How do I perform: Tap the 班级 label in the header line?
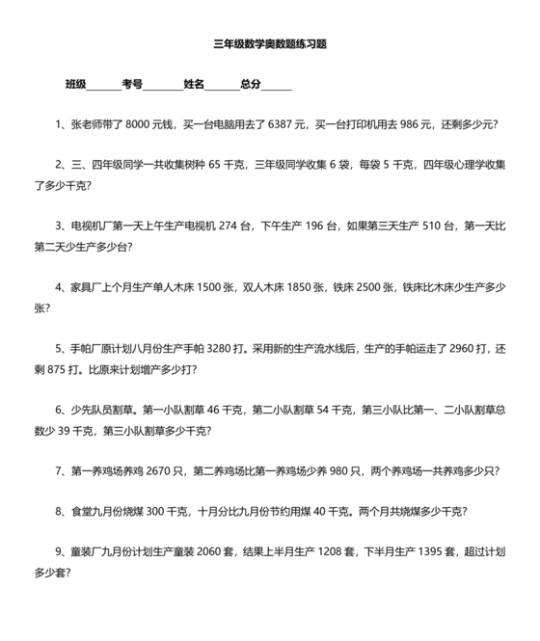pyautogui.click(x=76, y=85)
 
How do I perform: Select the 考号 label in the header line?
pyautogui.click(x=133, y=85)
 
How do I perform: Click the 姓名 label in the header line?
pyautogui.click(x=194, y=85)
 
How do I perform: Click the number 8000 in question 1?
pyautogui.click(x=142, y=124)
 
